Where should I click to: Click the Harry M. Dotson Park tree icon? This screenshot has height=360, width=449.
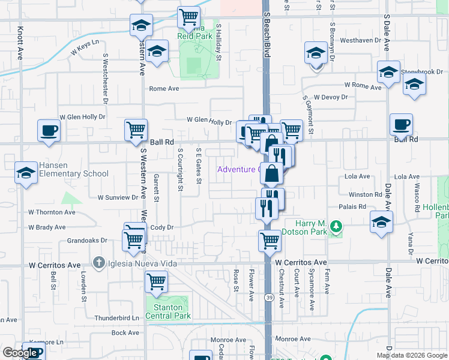click(x=337, y=226)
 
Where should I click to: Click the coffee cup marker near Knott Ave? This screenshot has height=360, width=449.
click(x=49, y=130)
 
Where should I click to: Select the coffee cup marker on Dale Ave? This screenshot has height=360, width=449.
click(x=401, y=124)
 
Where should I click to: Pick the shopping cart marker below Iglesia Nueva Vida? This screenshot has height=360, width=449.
click(x=157, y=280)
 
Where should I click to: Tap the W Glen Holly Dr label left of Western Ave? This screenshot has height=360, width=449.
click(x=82, y=118)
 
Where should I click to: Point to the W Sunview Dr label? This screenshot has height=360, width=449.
click(x=118, y=197)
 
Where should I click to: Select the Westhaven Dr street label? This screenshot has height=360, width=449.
click(x=361, y=41)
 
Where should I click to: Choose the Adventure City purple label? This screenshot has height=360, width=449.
click(x=238, y=169)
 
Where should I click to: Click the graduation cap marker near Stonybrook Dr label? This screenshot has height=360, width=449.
click(x=388, y=73)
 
